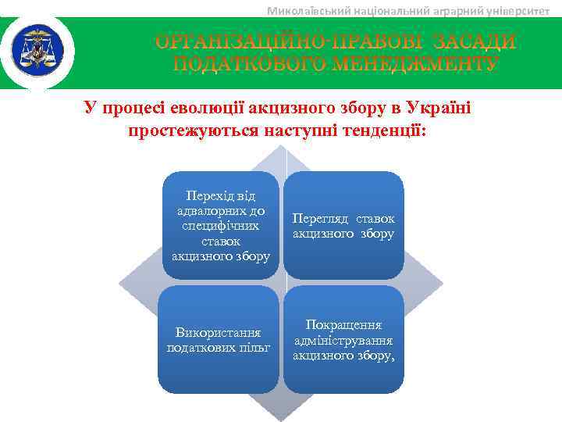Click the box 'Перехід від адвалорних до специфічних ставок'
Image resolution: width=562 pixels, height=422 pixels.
220,224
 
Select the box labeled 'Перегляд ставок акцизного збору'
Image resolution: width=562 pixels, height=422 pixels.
343,224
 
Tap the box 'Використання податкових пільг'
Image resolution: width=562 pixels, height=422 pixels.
220,339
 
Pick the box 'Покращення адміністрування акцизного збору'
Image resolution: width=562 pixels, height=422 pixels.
343,339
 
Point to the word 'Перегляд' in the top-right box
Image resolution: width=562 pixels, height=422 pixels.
318,218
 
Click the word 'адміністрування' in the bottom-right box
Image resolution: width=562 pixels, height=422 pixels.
343,340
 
